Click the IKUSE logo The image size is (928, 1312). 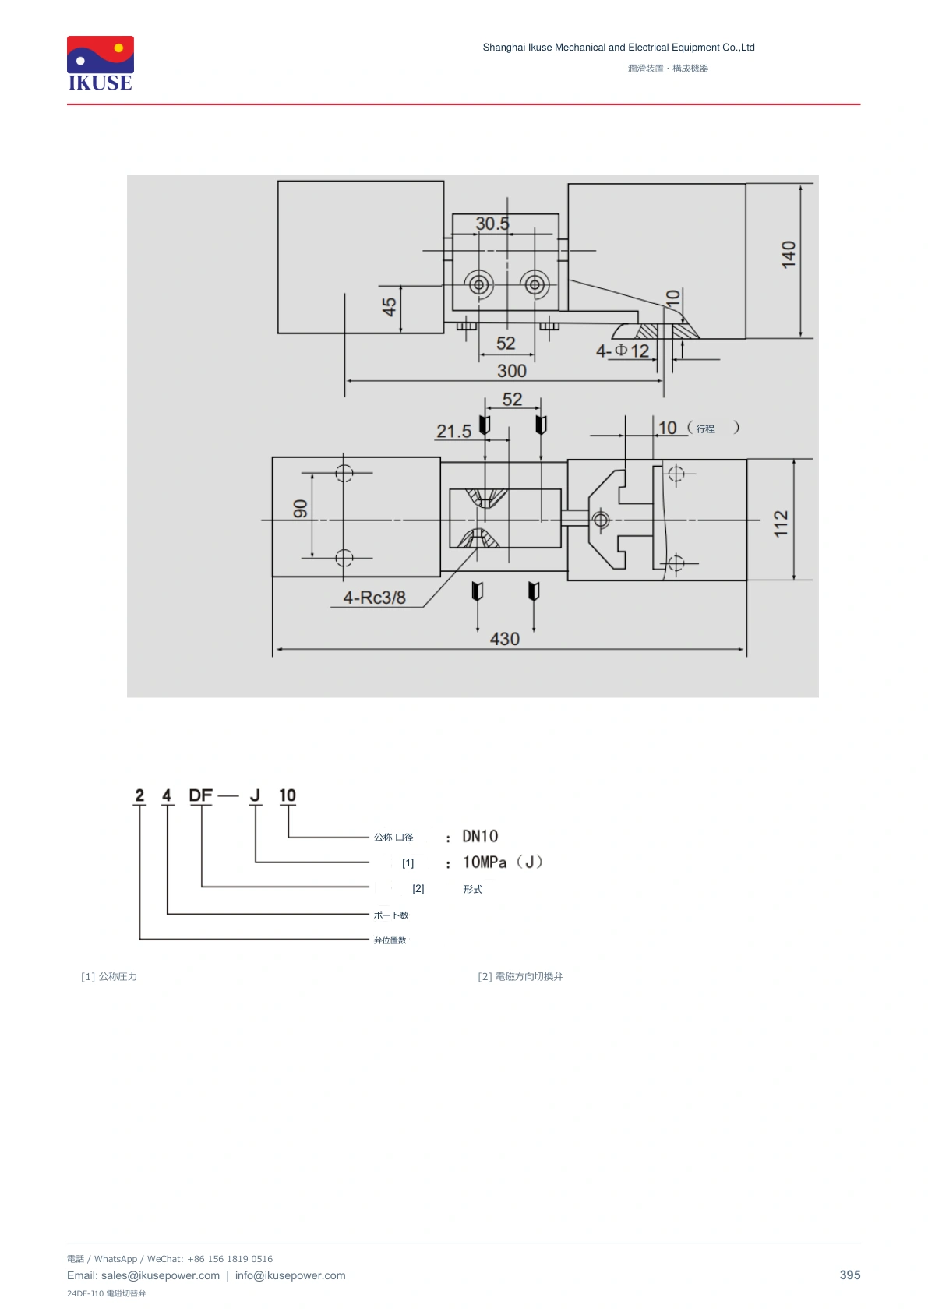pyautogui.click(x=101, y=63)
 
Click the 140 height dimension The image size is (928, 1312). pyautogui.click(x=789, y=255)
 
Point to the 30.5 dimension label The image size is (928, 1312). pyautogui.click(x=492, y=223)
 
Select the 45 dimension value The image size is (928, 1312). pyautogui.click(x=389, y=306)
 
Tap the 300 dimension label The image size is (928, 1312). pyautogui.click(x=511, y=371)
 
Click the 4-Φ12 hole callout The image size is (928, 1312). pyautogui.click(x=623, y=351)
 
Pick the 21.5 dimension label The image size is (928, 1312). pyautogui.click(x=453, y=431)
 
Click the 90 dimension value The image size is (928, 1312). pyautogui.click(x=300, y=509)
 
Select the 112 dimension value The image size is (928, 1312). pyautogui.click(x=781, y=523)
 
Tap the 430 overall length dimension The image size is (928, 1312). pyautogui.click(x=504, y=638)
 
